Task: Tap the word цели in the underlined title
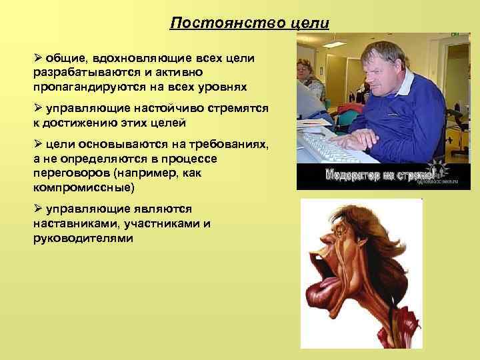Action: [311, 23]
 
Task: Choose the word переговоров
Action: [71, 173]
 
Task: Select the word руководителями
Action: [83, 237]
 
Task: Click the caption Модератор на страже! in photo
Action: [380, 176]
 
